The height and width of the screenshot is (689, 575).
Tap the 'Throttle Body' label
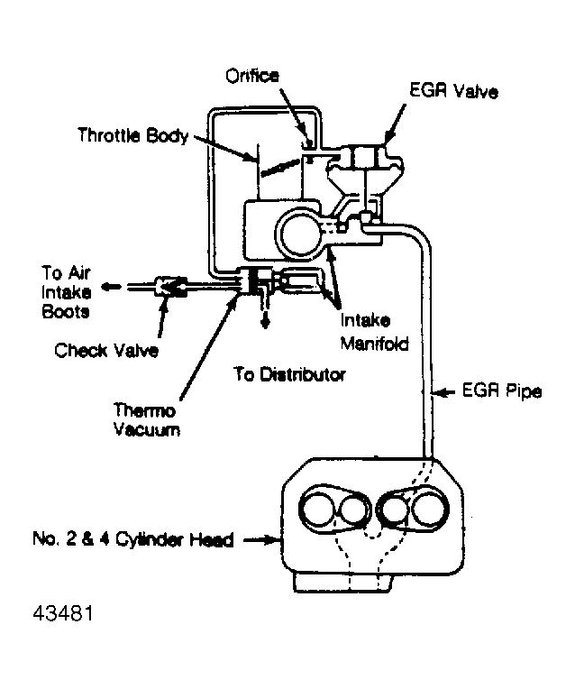pos(132,136)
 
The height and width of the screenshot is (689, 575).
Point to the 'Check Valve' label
pos(105,350)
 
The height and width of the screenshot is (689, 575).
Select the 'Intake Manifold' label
pos(374,331)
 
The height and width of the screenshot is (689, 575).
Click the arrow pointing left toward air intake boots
pos(111,287)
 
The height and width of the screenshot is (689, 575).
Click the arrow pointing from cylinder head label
pos(262,540)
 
